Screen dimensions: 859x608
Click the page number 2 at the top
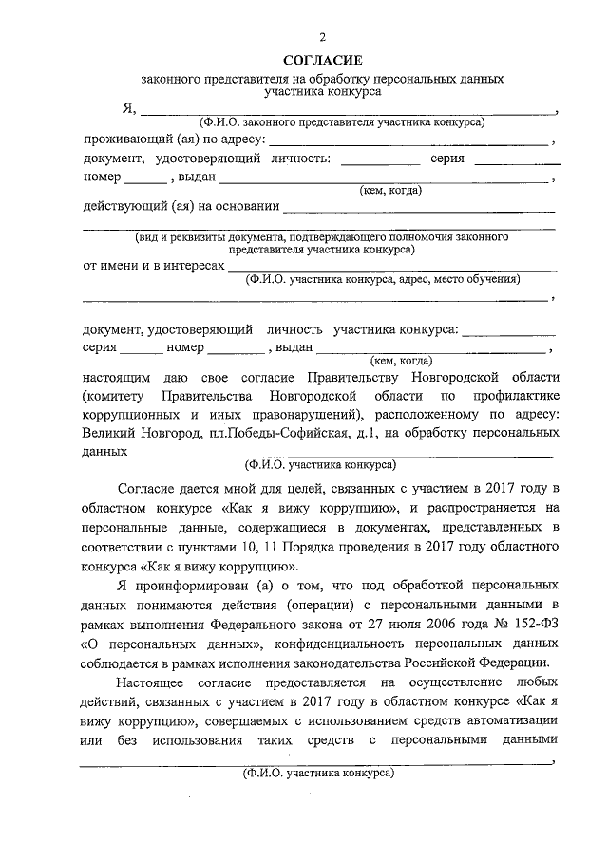click(322, 37)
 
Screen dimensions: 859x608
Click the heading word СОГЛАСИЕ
click(322, 60)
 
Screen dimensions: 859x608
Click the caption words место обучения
click(480, 280)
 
